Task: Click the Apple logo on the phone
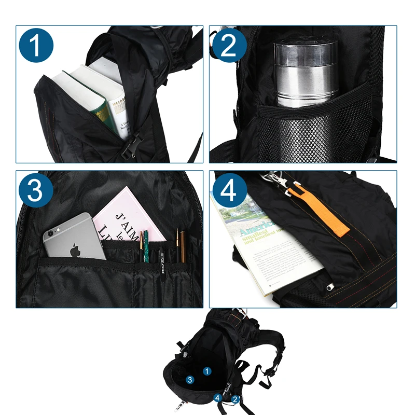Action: pyautogui.click(x=76, y=250)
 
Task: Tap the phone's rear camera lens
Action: pyautogui.click(x=51, y=234)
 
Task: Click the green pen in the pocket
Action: pyautogui.click(x=146, y=246)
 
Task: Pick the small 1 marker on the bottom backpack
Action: pyautogui.click(x=207, y=371)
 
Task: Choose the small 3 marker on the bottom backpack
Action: pyautogui.click(x=190, y=380)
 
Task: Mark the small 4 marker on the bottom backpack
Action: pyautogui.click(x=218, y=398)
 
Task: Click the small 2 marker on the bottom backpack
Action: pyautogui.click(x=235, y=399)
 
